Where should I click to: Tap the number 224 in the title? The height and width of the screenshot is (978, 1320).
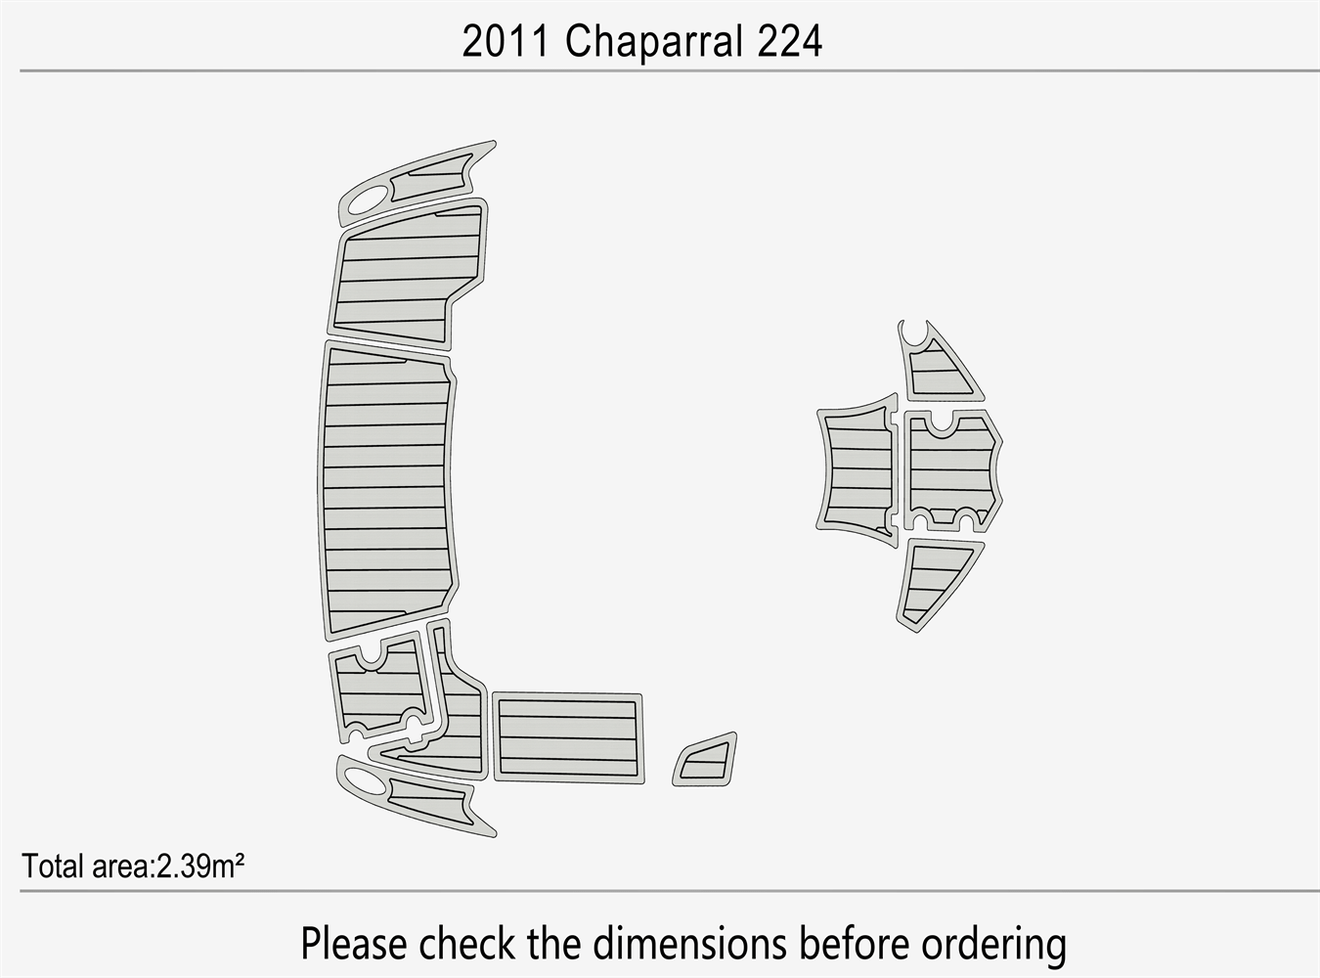coord(788,42)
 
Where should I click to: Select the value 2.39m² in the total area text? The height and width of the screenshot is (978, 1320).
coord(199,867)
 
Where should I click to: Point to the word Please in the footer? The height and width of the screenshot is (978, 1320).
coord(353,945)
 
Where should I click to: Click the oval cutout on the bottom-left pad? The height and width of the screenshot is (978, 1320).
coord(363,778)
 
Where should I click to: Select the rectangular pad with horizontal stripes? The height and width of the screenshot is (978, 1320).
coord(568,737)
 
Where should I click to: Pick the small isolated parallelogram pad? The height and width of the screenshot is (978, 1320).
coord(705,760)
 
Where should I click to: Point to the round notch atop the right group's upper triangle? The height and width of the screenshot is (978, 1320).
coord(915,333)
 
